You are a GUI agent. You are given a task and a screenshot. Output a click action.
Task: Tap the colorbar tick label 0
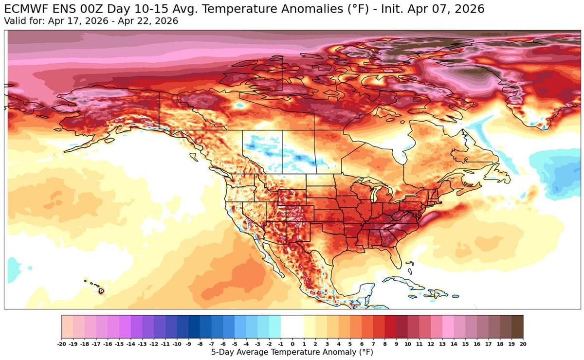pos(292,343)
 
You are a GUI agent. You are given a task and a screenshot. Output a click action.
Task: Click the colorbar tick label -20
pos(62,343)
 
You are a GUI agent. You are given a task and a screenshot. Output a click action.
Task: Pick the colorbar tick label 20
pos(523,343)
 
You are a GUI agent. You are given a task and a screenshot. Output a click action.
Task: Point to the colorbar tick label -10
pos(177,343)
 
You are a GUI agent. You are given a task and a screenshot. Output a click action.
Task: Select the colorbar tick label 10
pos(408,343)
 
